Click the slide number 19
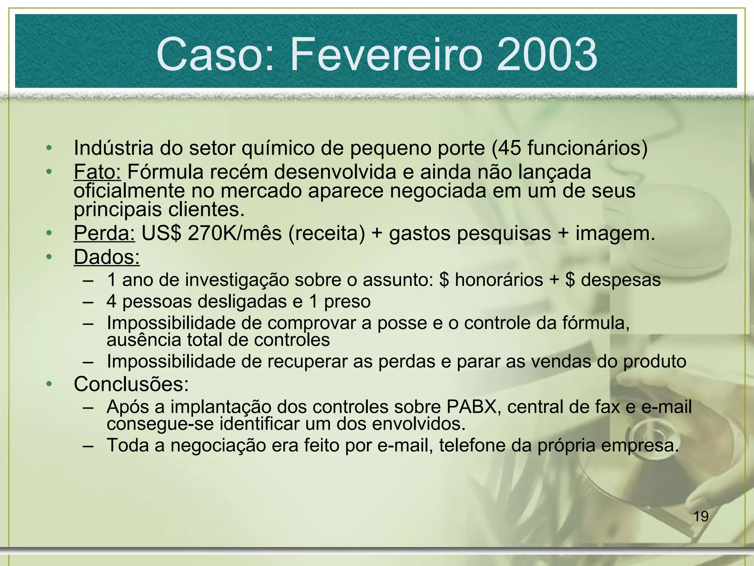click(x=701, y=516)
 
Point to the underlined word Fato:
click(x=97, y=172)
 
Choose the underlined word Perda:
click(x=104, y=233)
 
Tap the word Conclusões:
click(x=131, y=384)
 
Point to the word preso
click(x=347, y=301)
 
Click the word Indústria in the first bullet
click(x=113, y=148)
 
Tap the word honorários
click(x=499, y=280)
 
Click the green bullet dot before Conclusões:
click(x=49, y=384)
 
